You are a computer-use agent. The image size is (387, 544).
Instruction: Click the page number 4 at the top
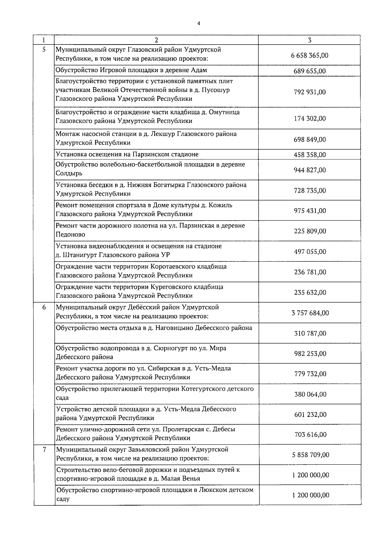coord(199,23)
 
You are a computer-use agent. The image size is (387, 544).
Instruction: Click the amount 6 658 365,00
coord(309,55)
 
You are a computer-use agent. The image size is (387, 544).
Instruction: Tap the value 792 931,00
coord(310,92)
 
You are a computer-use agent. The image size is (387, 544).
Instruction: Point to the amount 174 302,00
coord(310,119)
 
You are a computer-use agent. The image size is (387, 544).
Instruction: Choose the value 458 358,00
coord(310,155)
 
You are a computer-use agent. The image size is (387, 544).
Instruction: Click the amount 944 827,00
coord(310,170)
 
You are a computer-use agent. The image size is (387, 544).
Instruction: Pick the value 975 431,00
coord(310,211)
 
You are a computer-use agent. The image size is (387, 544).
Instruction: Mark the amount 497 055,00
coord(310,252)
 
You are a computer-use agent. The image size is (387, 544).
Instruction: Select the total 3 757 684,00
coord(310,313)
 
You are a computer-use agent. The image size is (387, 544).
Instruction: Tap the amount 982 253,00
coord(310,354)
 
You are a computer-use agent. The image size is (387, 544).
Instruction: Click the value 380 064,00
coord(310,394)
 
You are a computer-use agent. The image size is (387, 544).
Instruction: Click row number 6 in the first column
coord(44,307)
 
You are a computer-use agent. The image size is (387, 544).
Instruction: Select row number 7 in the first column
coord(44,449)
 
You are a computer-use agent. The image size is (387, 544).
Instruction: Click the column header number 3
coord(309,40)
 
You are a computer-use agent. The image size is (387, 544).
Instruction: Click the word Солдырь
coord(69,173)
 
